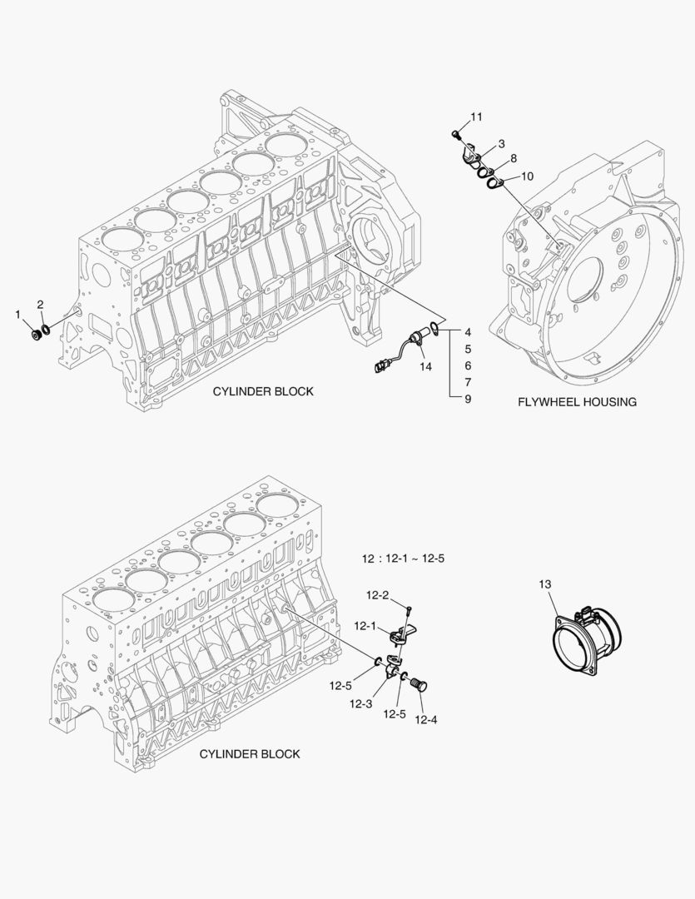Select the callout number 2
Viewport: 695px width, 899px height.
pos(40,305)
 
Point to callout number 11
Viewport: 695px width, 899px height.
pos(476,117)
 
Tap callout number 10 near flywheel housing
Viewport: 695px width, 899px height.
pos(528,176)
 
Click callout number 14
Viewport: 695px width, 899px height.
pos(425,366)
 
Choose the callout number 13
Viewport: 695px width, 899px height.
pos(544,584)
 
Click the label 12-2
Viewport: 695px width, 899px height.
pos(378,595)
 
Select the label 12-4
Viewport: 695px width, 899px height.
pos(425,720)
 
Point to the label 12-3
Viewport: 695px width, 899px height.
pos(360,704)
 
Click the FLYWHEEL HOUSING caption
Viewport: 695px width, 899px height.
pos(577,402)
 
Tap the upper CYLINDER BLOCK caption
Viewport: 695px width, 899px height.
pos(263,391)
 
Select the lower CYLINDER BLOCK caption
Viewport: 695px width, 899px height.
pos(250,754)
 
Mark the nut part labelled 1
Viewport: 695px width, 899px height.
pos(35,334)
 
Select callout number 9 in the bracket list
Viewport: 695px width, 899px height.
pos(468,399)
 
